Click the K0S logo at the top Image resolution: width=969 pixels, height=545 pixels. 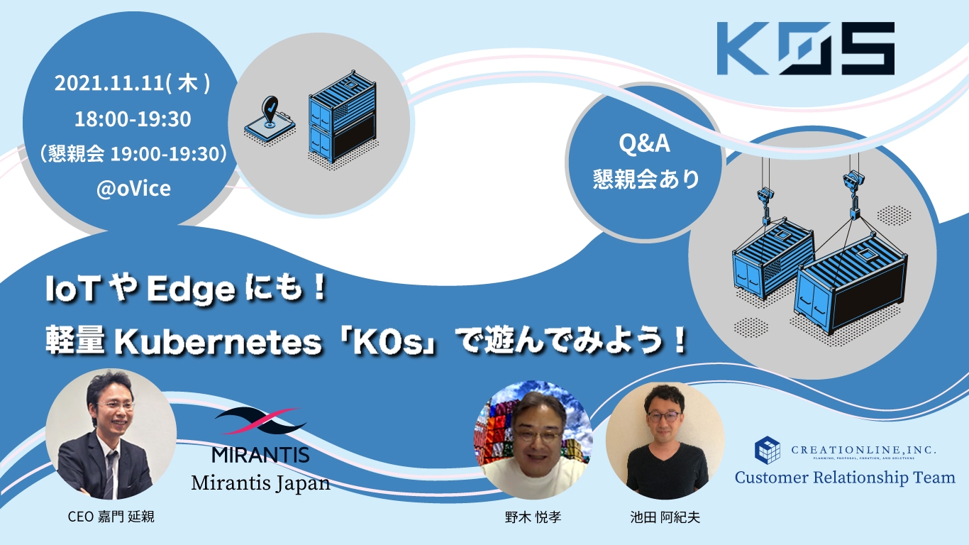click(804, 48)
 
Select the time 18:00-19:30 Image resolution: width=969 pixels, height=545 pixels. click(133, 119)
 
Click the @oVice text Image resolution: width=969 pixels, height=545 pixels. click(133, 189)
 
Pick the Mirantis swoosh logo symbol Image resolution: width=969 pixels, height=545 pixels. click(260, 422)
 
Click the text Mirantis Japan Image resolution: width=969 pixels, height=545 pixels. click(260, 483)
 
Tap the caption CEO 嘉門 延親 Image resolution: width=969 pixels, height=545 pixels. click(111, 517)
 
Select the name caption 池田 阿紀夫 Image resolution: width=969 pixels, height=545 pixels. click(665, 517)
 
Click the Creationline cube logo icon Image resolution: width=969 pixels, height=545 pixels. click(767, 449)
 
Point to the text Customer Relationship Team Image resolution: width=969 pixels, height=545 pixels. click(845, 477)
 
